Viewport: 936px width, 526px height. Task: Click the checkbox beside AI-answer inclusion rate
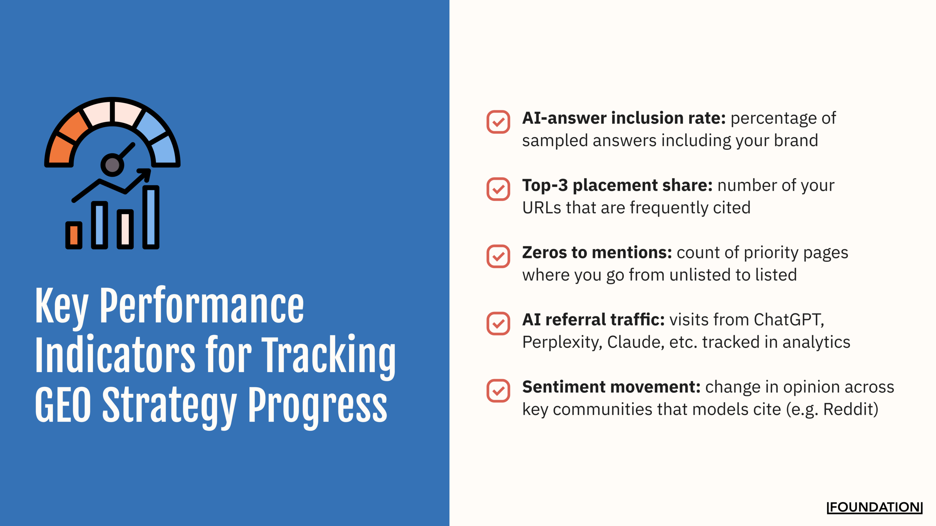coord(498,122)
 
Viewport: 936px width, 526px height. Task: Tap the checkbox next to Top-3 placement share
coord(498,189)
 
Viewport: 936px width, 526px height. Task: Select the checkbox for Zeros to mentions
coord(498,256)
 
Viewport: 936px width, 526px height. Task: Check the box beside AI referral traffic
coord(498,323)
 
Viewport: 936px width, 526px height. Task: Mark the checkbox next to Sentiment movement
coord(498,390)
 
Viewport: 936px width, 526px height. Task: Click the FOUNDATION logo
coord(874,507)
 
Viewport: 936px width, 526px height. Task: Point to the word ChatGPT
coord(788,320)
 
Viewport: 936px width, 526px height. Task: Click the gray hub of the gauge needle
coord(112,165)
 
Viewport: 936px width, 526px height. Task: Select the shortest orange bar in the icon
coord(74,235)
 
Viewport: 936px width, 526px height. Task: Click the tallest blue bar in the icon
coord(151,217)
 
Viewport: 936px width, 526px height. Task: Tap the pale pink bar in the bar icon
coord(125,229)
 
